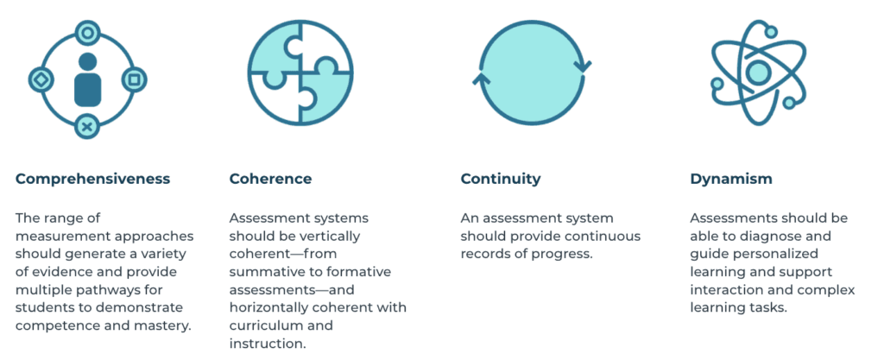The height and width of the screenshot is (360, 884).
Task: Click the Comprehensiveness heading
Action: click(x=92, y=180)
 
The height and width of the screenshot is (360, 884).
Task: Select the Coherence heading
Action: click(x=270, y=180)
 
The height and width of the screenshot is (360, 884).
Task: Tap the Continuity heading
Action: click(x=501, y=180)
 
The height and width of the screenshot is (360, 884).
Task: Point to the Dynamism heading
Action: click(x=731, y=180)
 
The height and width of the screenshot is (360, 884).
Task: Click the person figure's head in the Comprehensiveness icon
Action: click(x=87, y=61)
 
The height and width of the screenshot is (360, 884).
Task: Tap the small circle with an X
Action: click(x=87, y=126)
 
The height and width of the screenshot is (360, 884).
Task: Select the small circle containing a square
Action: click(x=134, y=79)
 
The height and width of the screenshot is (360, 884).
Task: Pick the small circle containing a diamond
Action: click(x=41, y=80)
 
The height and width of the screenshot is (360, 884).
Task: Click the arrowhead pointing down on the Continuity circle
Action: click(x=583, y=66)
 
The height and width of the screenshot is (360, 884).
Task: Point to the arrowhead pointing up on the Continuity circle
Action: click(x=481, y=79)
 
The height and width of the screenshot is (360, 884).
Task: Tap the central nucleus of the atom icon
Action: click(x=758, y=72)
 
